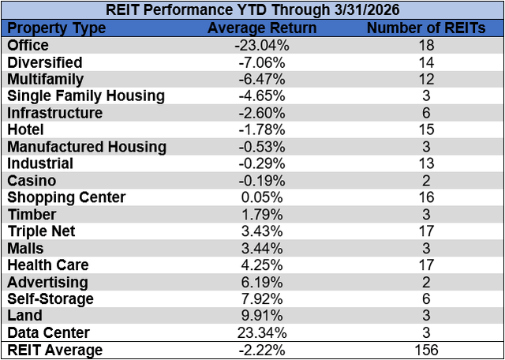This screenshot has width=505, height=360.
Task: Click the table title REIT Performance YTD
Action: (x=252, y=11)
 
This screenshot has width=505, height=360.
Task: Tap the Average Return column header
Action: (x=261, y=28)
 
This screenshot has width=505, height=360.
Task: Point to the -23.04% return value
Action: (x=261, y=45)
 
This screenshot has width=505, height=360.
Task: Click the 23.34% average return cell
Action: (x=261, y=332)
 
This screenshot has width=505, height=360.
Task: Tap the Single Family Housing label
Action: (x=86, y=96)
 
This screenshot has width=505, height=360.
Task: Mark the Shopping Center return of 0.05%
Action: (x=261, y=197)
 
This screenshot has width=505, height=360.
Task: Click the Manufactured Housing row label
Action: (x=87, y=147)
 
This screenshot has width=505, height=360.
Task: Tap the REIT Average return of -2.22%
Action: (x=261, y=350)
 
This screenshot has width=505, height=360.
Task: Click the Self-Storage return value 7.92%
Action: (x=261, y=298)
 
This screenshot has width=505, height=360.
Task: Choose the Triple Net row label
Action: (x=40, y=231)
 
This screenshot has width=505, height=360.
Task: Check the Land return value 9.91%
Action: (x=261, y=316)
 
